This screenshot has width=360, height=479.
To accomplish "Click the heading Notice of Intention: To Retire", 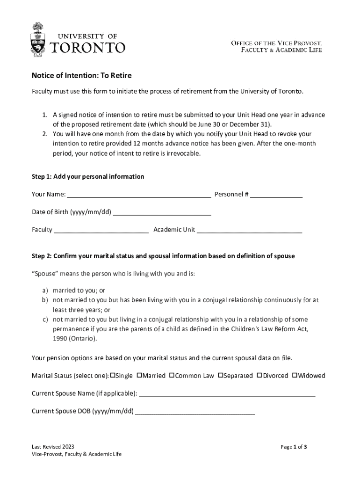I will tap(78, 75).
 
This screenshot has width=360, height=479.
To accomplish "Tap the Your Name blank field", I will tap(139, 195).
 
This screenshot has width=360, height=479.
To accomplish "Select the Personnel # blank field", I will tap(276, 195).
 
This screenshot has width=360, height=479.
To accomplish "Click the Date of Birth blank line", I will tap(162, 212).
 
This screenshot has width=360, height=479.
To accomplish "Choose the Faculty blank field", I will tap(101, 230).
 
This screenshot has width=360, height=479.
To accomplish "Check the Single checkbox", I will tap(112, 375).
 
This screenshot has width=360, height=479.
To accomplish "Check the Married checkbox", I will tap(139, 375).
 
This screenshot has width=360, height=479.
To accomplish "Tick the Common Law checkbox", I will tap(172, 375).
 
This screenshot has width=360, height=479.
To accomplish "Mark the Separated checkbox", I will tap(220, 375).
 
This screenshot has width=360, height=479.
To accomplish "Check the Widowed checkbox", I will tap(295, 375).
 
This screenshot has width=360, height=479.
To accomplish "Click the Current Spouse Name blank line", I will tap(227, 393).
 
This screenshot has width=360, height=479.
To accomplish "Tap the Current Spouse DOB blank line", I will tap(195, 411).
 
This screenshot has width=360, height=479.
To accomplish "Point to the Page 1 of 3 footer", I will tap(294, 447).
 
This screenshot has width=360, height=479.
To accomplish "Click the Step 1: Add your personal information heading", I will tap(88, 176).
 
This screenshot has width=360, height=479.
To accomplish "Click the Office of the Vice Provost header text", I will tap(276, 43).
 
